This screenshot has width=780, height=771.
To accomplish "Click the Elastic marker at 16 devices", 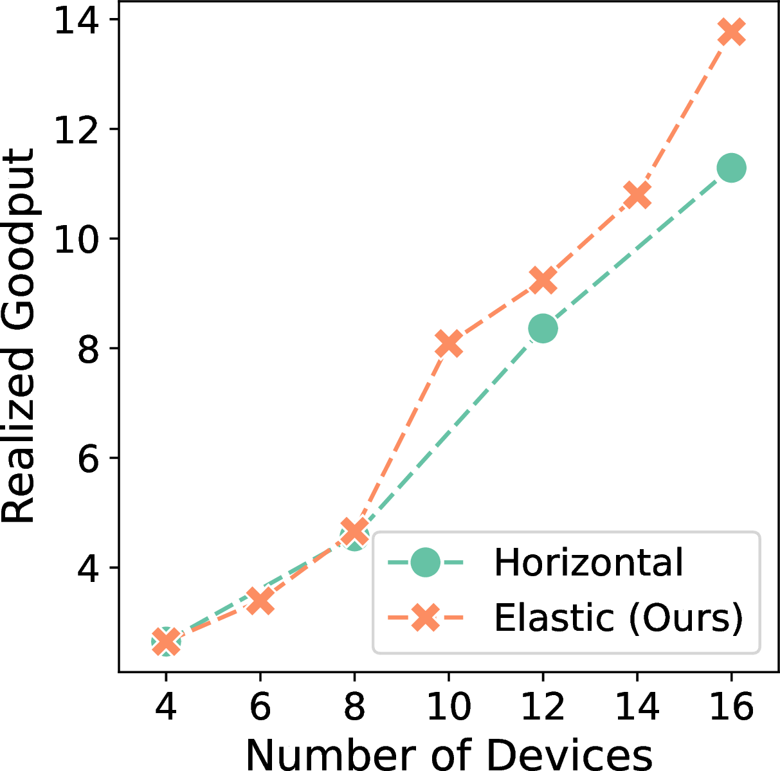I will pos(731,32).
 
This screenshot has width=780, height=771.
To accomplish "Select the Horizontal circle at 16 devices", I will pos(731,168).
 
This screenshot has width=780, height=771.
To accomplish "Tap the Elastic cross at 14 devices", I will pos(637,194).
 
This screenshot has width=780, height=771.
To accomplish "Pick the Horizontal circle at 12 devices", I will pos(543,329).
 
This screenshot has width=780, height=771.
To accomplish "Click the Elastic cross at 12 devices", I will pos(543,280).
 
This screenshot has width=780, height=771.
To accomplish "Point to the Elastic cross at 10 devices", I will pos(448,343).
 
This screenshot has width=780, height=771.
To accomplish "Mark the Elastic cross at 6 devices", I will pos(260,601).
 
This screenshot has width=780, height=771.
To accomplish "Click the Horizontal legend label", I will pos(588,563).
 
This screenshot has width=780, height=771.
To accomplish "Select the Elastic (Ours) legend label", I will pos(618,619).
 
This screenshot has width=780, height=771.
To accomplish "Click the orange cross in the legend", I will pos(425,619).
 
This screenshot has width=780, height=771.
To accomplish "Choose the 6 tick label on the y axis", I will pos(89,458).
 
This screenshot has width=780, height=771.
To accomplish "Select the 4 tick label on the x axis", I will pos(166,708).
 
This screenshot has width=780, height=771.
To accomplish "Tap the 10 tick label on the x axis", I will pos(448,708).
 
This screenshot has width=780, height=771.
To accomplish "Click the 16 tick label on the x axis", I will pos(731,708).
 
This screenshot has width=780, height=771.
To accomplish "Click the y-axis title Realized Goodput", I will pos(18,336).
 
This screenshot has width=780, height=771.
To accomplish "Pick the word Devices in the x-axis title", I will pos(568,754).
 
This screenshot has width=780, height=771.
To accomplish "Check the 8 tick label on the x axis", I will pos(354,708).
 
